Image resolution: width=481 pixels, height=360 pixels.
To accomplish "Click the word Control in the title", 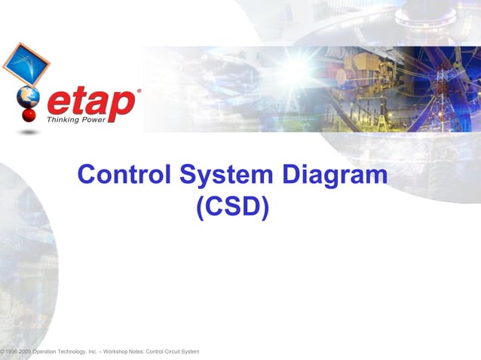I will click(124, 175).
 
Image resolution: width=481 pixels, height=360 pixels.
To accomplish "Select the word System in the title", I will click(226, 175).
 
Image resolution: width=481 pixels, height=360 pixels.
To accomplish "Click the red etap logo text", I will click(90, 103).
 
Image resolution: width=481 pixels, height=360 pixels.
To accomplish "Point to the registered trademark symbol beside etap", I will click(138, 91).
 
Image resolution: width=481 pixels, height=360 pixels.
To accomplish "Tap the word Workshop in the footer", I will click(120, 352).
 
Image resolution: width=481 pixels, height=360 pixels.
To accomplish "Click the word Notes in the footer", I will click(138, 352).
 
